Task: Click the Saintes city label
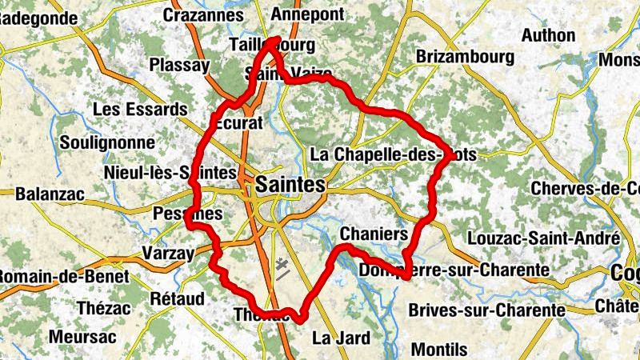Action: point(290,186)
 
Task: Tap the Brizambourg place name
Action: point(464,57)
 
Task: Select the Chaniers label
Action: point(374,234)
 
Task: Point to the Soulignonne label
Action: point(107,142)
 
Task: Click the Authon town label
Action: point(548,35)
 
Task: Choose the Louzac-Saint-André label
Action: point(556,238)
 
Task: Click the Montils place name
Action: point(439,349)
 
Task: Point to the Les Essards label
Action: point(140,109)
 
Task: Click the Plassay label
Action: point(179,65)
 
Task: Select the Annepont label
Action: point(307,14)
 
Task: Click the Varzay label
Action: point(167,254)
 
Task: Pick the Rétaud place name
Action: point(177,298)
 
